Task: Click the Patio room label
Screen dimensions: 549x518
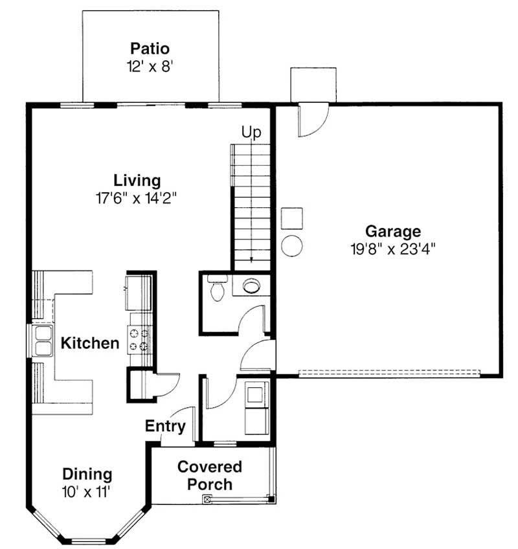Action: [x=150, y=49]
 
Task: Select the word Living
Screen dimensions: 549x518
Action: [x=137, y=180]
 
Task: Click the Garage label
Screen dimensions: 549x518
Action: [x=393, y=231]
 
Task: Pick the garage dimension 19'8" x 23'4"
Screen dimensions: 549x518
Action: [x=393, y=248]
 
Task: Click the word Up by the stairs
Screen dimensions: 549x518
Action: [x=251, y=133]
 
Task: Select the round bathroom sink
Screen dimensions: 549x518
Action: [x=251, y=286]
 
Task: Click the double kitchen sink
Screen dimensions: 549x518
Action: [x=43, y=341]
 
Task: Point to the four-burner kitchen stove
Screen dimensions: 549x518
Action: [x=140, y=340]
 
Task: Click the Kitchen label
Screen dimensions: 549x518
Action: [x=90, y=343]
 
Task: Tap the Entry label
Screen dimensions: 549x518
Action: [x=165, y=427]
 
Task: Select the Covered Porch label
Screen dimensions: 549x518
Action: [x=209, y=475]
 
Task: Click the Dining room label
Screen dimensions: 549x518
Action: [x=87, y=475]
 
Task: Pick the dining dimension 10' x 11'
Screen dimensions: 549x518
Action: [x=87, y=491]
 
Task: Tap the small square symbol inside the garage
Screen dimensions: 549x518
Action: [x=292, y=218]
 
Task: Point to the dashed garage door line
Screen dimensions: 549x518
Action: [x=388, y=373]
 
